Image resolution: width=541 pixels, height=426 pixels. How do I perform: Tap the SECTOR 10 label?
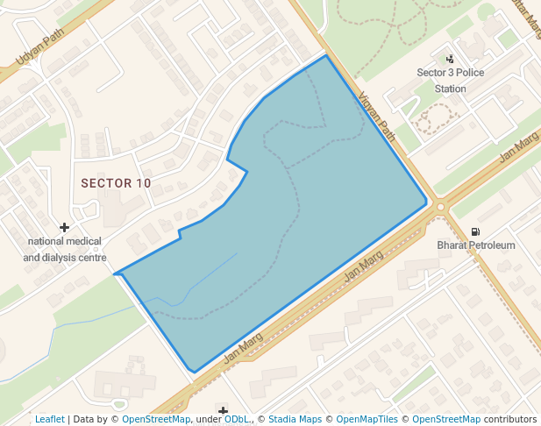click(116, 183)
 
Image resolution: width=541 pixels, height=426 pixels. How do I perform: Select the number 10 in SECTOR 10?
click(144, 183)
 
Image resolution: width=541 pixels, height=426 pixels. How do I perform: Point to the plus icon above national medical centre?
click(64, 228)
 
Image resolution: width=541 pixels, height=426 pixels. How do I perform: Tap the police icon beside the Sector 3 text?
click(451, 59)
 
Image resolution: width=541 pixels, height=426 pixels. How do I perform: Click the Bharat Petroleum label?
click(476, 245)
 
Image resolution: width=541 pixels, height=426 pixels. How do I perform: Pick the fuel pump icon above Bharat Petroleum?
click(475, 232)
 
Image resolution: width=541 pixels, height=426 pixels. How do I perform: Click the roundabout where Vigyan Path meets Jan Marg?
click(440, 208)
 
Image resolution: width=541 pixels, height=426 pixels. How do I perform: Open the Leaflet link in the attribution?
click(50, 419)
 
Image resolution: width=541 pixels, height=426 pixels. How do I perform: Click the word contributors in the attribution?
click(509, 419)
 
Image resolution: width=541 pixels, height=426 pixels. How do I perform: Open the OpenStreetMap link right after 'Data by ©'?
click(156, 419)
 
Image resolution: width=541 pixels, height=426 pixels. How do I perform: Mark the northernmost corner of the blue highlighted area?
click(326, 55)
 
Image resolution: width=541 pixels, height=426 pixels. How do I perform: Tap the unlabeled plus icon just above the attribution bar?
click(224, 410)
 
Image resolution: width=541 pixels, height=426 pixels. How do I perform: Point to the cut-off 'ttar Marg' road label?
click(525, 18)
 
